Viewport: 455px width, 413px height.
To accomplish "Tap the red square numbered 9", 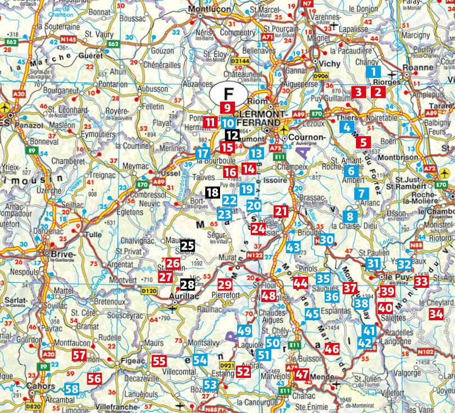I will (x=227, y=108).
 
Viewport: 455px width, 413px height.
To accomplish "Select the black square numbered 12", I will (x=232, y=135).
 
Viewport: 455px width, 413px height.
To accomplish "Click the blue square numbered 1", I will (x=374, y=71).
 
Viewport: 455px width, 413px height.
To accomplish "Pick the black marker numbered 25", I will (x=188, y=246).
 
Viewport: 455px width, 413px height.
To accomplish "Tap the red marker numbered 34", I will (x=436, y=314).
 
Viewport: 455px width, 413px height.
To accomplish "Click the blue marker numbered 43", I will (x=293, y=248).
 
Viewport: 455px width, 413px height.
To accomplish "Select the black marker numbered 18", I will (x=212, y=192).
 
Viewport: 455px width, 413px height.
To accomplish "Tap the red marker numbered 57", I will (x=79, y=355).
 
